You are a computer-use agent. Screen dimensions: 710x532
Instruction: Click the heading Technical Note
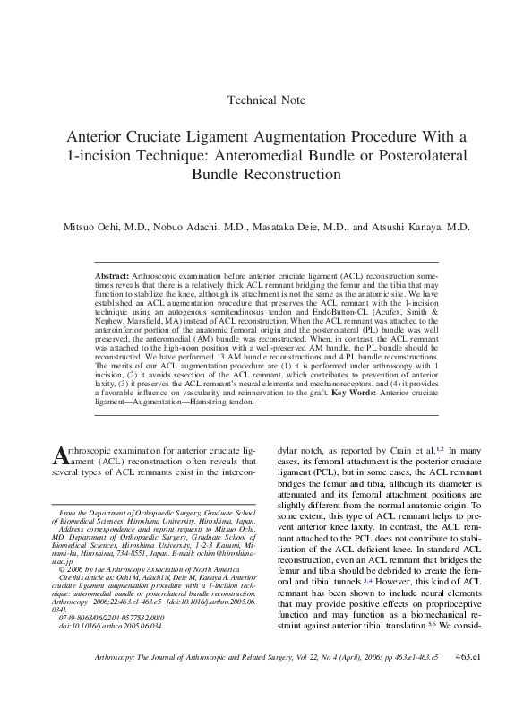pos(266,100)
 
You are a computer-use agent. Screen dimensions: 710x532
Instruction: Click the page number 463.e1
pos(468,682)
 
